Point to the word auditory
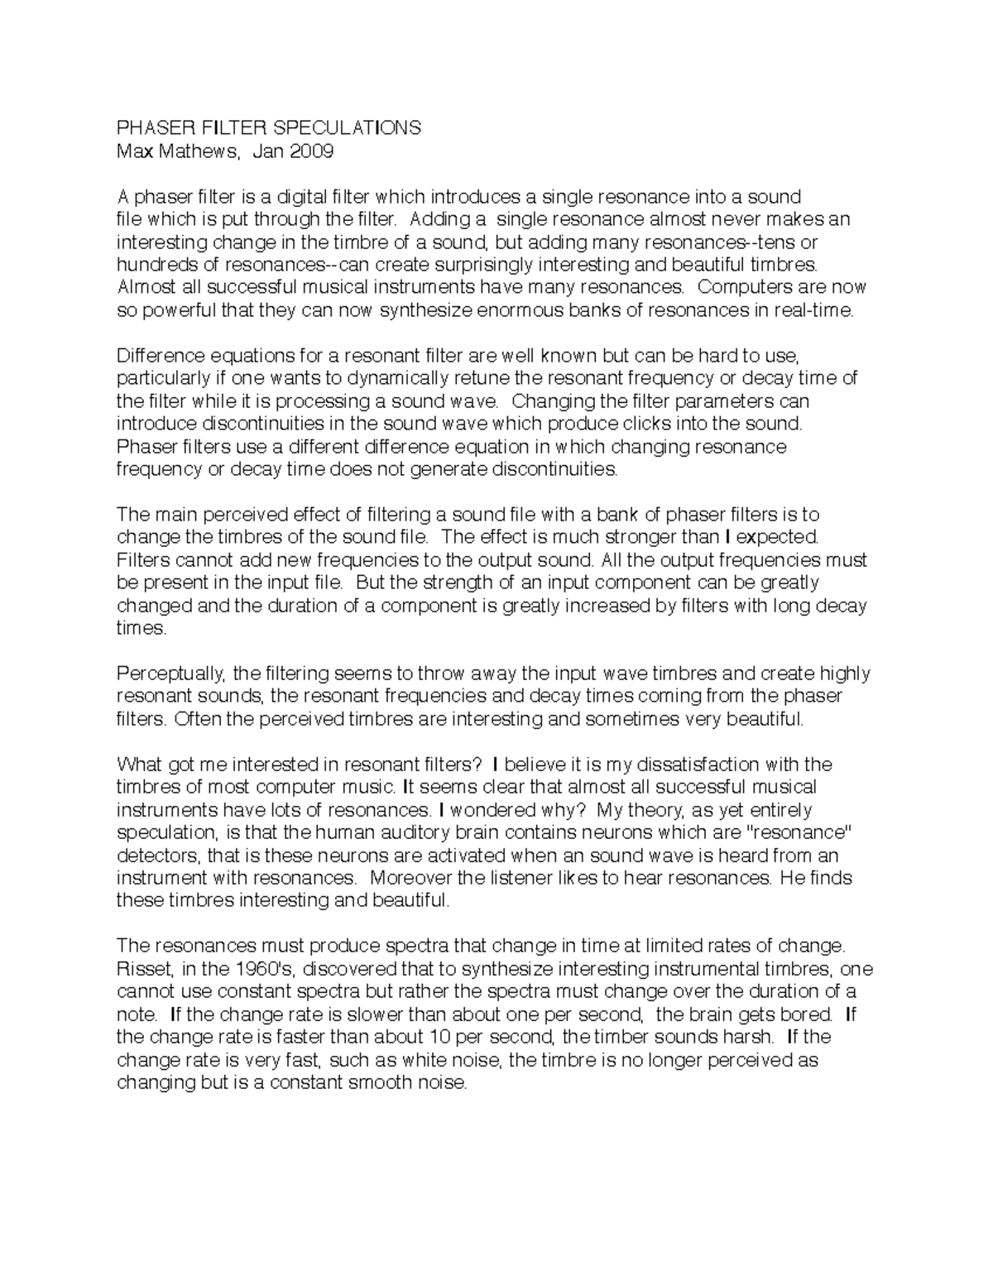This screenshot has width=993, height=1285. tap(397, 832)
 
